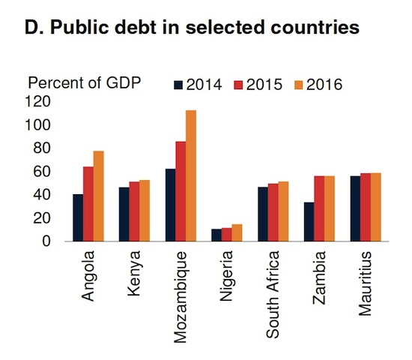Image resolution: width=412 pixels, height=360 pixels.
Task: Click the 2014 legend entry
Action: click(x=198, y=84)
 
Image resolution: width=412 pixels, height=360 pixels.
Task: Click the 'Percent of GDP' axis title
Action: click(x=85, y=82)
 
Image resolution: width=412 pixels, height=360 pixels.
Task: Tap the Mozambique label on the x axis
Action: click(x=181, y=294)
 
